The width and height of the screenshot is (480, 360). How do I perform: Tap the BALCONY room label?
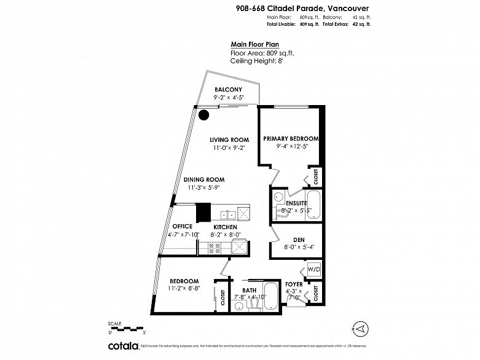[228, 90]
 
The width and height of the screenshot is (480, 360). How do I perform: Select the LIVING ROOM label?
[229, 139]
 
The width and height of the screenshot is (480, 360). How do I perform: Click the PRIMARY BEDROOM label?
[291, 139]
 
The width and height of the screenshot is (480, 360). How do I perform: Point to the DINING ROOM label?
[205, 179]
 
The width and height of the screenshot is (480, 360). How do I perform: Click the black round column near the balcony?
[204, 114]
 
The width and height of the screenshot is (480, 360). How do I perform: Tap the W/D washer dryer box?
[313, 269]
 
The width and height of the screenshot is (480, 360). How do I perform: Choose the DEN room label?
[299, 240]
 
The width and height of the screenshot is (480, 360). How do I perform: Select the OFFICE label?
[182, 226]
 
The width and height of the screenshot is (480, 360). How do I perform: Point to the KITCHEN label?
[224, 227]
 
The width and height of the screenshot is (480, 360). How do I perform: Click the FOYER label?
[294, 284]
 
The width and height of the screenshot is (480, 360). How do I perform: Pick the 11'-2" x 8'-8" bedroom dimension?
[184, 288]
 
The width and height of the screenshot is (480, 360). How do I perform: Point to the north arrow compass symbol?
[363, 329]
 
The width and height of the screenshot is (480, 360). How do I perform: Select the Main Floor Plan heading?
[255, 44]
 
